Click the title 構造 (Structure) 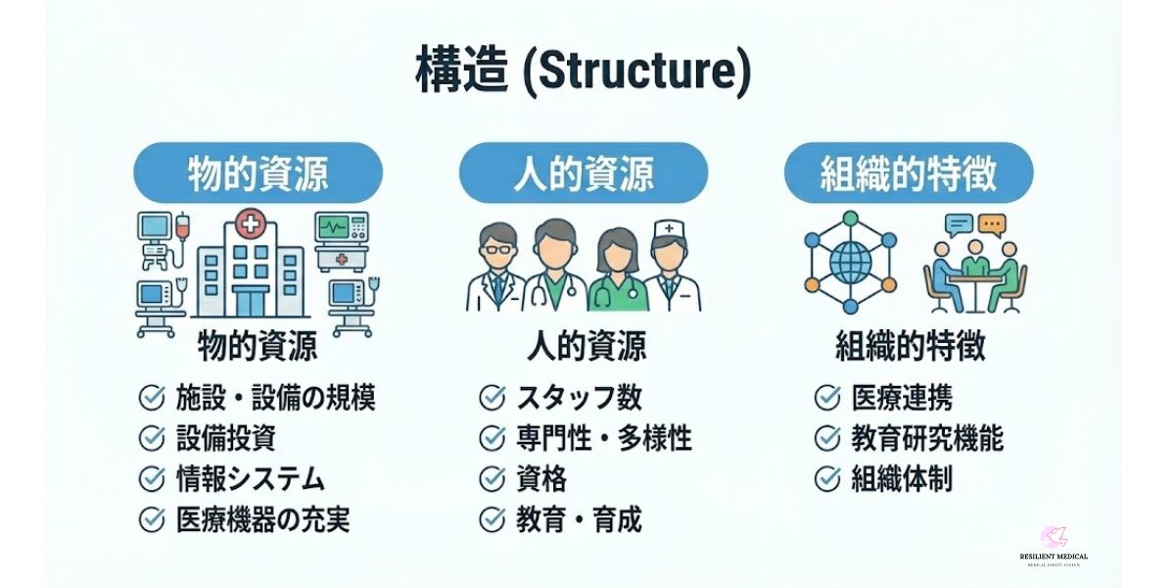(584, 73)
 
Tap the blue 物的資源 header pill (258, 173)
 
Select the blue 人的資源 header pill (584, 173)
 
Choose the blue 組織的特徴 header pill (909, 173)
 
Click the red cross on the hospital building (251, 226)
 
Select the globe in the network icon (850, 261)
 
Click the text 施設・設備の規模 (276, 398)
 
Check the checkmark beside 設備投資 (152, 438)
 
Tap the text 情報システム (250, 478)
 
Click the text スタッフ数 (579, 398)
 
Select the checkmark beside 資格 (492, 479)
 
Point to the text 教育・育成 (579, 519)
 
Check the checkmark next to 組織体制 (827, 479)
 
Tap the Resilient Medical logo (1054, 545)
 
